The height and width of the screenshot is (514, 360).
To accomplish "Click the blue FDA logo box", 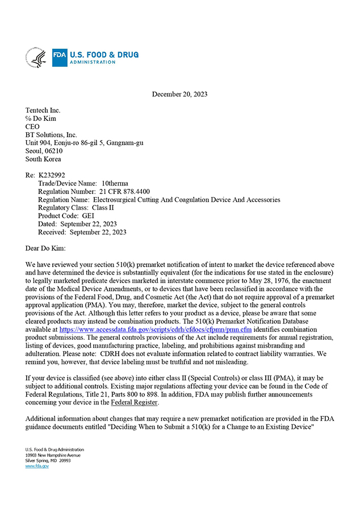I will [x=60, y=57].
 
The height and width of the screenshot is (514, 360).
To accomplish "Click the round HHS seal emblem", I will [x=36, y=57].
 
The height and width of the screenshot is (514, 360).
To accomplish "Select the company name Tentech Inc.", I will [x=43, y=110].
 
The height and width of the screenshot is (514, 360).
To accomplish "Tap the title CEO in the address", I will [x=33, y=127].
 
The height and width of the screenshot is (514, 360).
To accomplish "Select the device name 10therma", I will [x=115, y=184].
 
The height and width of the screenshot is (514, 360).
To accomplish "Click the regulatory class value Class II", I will [x=103, y=208].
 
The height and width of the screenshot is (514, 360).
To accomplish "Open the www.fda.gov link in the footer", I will [x=37, y=466].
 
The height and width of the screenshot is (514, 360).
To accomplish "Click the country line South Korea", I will [x=44, y=159].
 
